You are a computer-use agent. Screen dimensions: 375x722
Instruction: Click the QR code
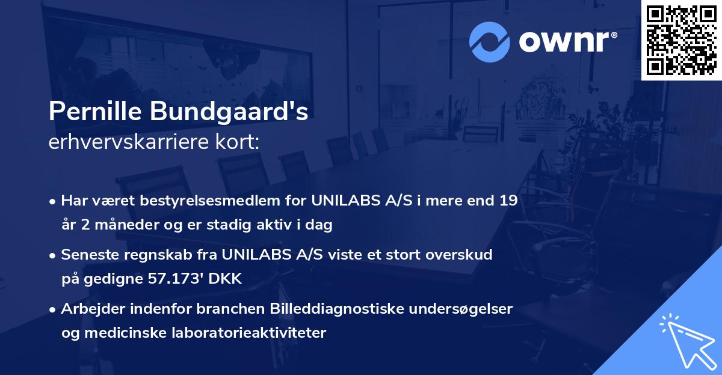[680, 40]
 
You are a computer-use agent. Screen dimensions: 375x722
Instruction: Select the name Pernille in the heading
[96, 112]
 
